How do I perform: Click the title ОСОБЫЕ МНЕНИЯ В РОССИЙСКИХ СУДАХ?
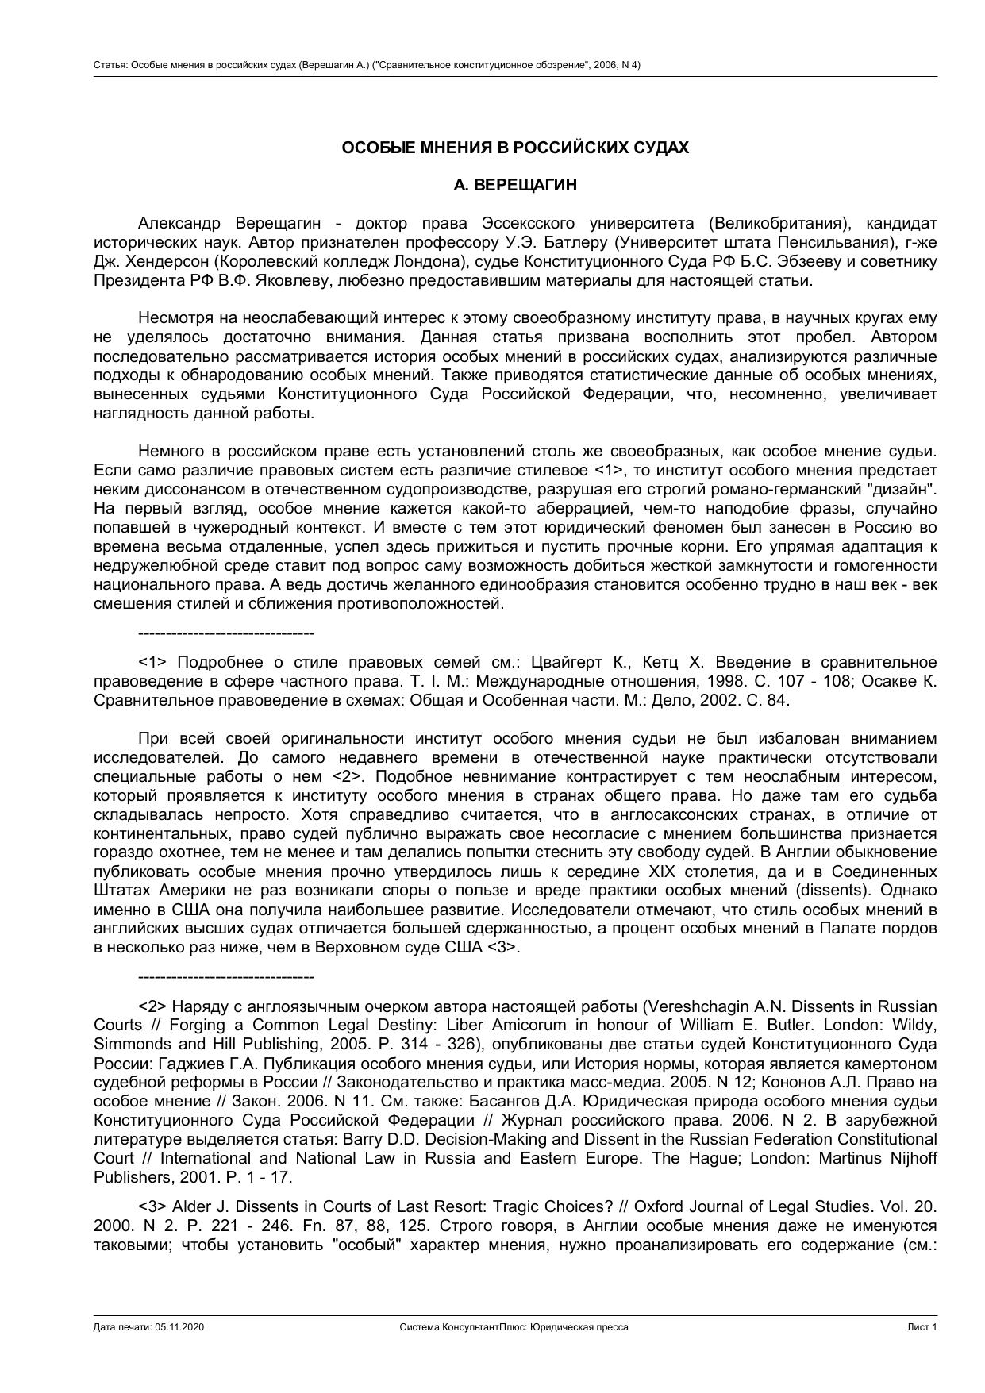[x=515, y=148]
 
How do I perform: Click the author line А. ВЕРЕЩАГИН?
[x=515, y=186]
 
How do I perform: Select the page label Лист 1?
[x=922, y=1327]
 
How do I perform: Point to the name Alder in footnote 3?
[x=192, y=1207]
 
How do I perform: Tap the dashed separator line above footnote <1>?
[x=225, y=633]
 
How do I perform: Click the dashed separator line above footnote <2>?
[x=225, y=977]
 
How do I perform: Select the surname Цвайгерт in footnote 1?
[x=568, y=663]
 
